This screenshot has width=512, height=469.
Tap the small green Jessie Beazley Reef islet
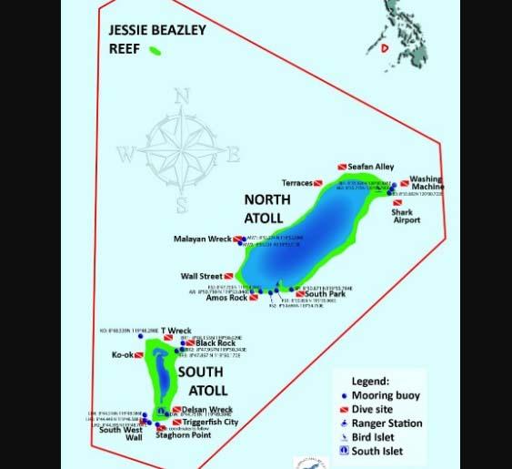[x=155, y=50]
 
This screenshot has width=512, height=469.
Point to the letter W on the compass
[x=125, y=151]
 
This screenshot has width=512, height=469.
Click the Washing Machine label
[x=427, y=183]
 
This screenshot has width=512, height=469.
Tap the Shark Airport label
[x=406, y=216]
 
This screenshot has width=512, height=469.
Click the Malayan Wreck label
[x=203, y=240]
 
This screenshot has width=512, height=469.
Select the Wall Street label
[x=201, y=276]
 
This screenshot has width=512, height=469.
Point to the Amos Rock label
[x=226, y=298]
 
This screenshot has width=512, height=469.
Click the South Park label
[x=325, y=294]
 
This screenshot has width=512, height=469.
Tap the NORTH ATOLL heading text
[x=267, y=209]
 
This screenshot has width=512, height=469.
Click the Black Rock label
[x=215, y=343]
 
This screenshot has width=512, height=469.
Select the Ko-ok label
[x=123, y=354]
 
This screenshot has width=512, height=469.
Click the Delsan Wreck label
[x=207, y=410]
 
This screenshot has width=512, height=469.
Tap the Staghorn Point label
[x=183, y=435]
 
